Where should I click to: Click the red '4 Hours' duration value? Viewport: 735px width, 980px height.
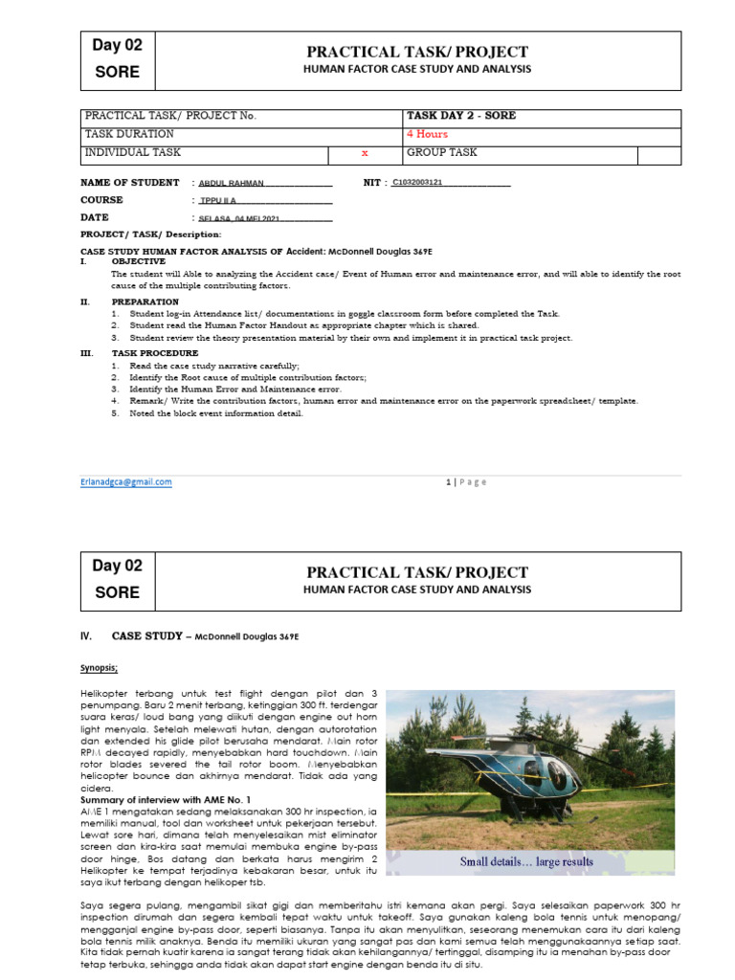click(x=427, y=134)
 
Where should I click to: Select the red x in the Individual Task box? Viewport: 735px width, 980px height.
click(x=364, y=153)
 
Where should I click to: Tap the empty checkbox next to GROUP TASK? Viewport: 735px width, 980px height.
click(x=659, y=154)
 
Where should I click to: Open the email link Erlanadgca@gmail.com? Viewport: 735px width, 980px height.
click(x=126, y=482)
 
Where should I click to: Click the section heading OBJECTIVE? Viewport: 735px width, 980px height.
click(x=138, y=261)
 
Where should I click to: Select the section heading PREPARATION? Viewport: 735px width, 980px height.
click(x=145, y=302)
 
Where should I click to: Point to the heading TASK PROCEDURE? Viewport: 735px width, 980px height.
click(x=155, y=353)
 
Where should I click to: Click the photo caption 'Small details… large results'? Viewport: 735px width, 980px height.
click(x=526, y=861)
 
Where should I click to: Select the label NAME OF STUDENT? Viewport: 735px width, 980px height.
click(x=130, y=183)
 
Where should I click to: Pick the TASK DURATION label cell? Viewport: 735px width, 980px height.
click(x=130, y=134)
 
